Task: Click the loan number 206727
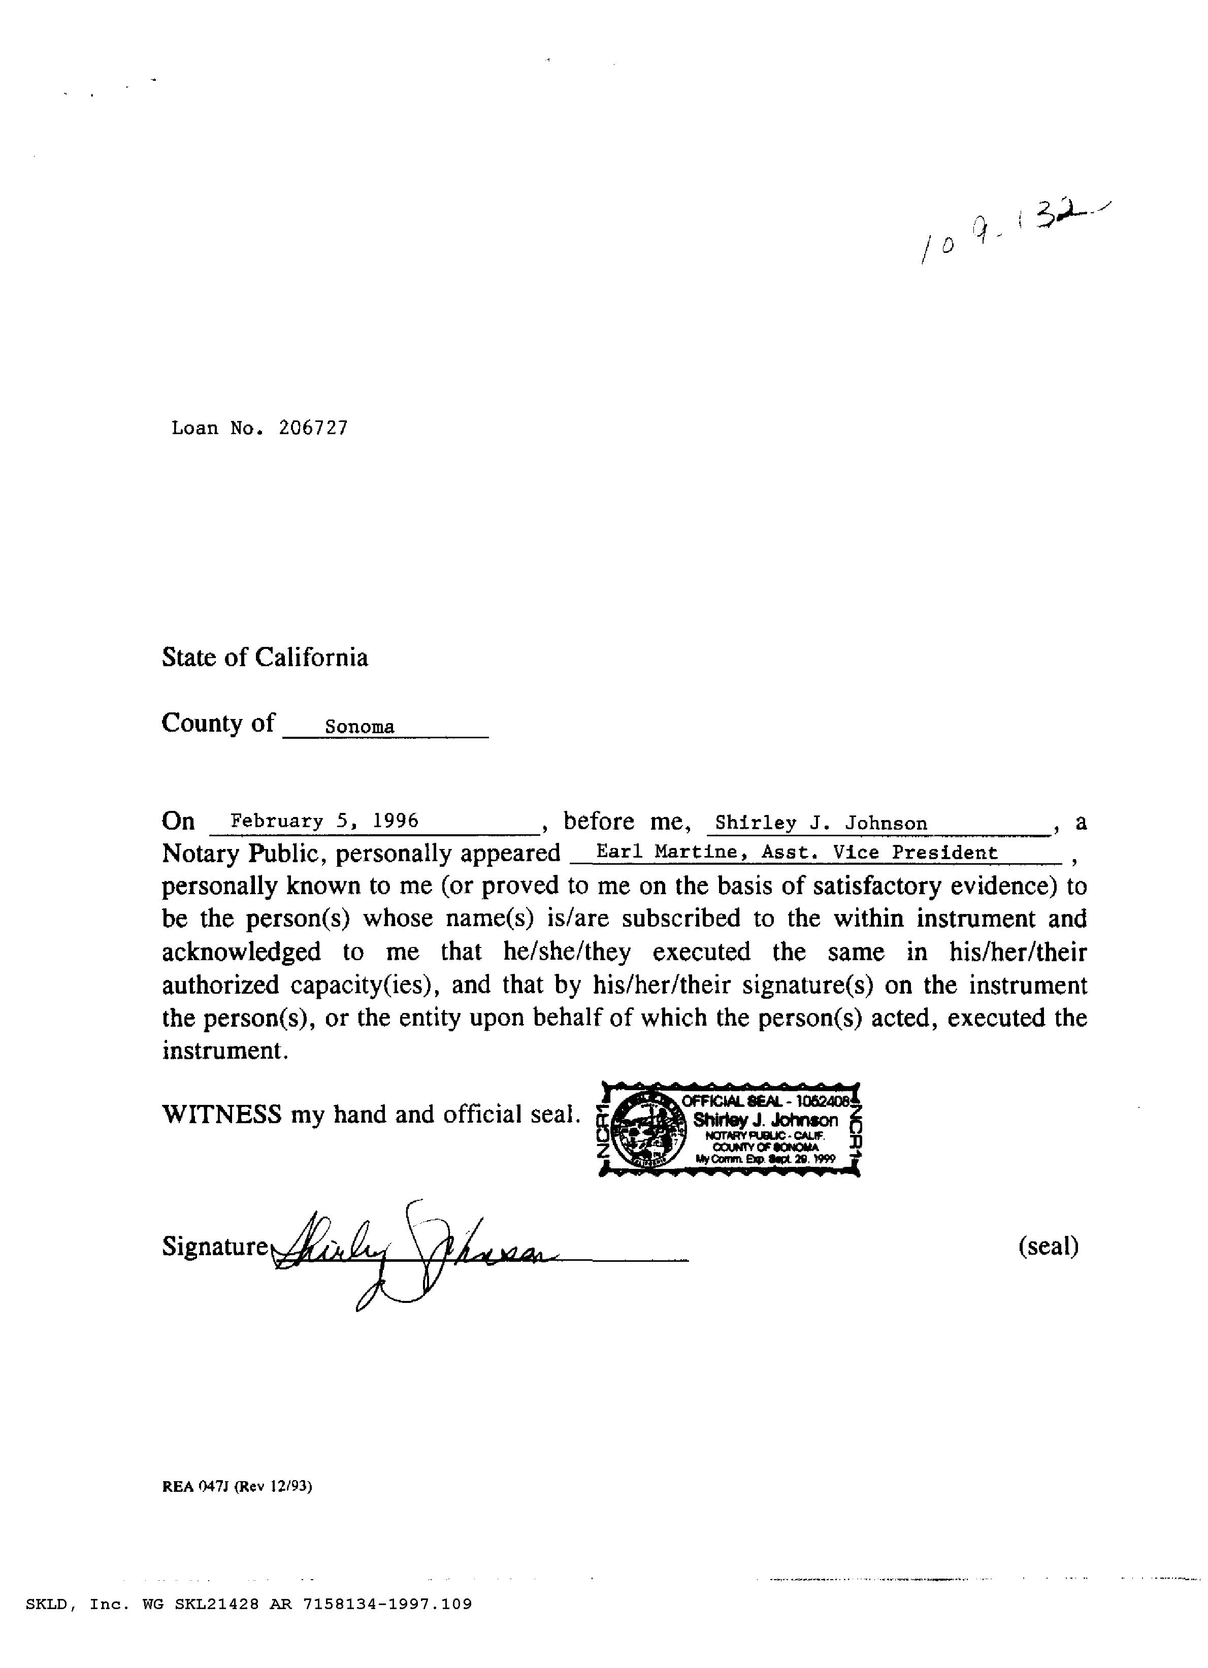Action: pyautogui.click(x=313, y=428)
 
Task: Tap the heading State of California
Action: pyautogui.click(x=265, y=657)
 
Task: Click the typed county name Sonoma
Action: pyautogui.click(x=360, y=727)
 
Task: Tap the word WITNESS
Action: pyautogui.click(x=221, y=1114)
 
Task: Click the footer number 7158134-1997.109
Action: pyautogui.click(x=387, y=1604)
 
